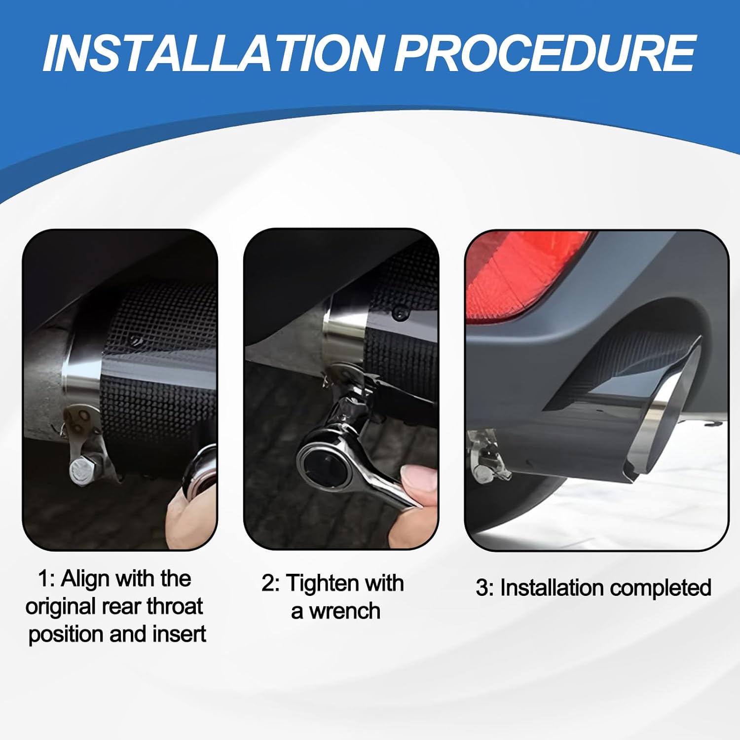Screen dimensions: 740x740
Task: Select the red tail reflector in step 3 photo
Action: pos(523,276)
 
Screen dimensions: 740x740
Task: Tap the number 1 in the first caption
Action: pos(43,579)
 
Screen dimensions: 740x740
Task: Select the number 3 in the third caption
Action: pos(482,588)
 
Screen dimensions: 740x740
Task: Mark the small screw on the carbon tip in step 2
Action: pos(398,312)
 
